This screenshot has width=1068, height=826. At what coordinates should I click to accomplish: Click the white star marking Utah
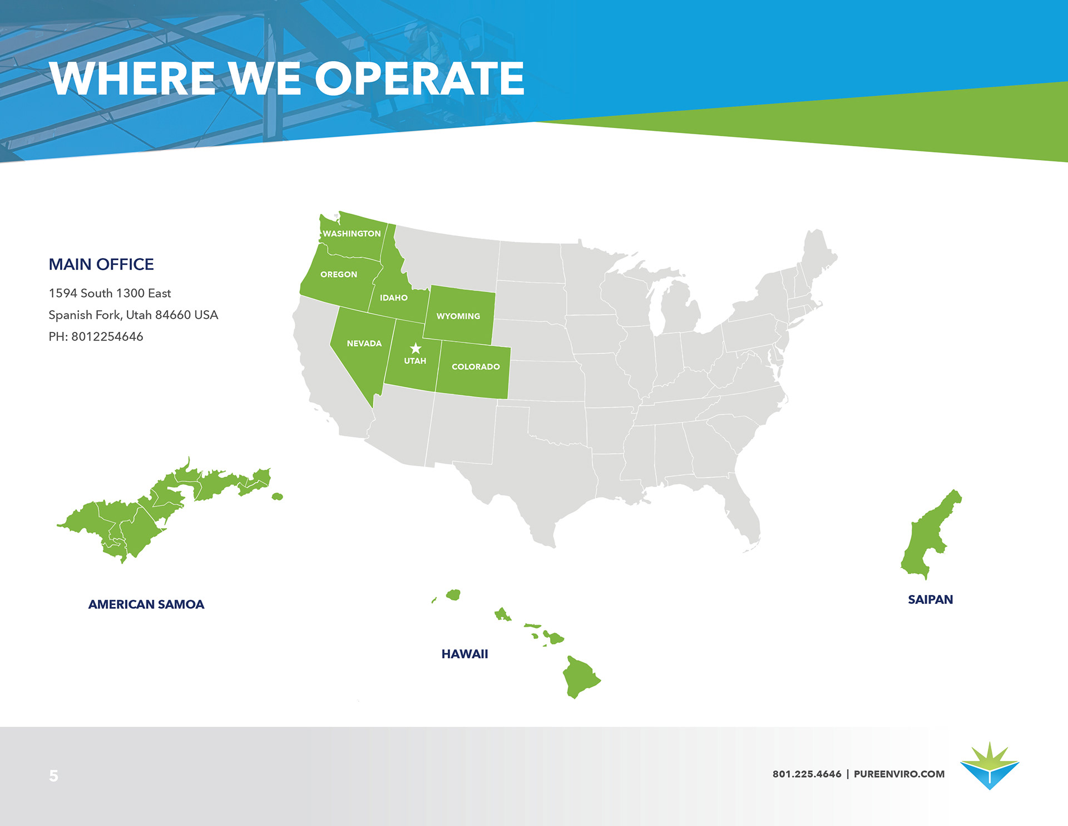[416, 348]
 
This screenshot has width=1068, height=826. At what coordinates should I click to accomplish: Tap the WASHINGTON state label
[352, 234]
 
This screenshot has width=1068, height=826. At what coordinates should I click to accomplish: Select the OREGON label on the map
[339, 274]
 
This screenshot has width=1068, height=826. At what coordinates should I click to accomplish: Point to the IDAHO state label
[394, 298]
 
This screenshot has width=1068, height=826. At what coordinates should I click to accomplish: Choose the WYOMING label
[458, 316]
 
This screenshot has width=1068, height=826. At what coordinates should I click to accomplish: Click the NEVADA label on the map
[364, 343]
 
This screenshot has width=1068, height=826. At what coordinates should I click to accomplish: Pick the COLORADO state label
[476, 367]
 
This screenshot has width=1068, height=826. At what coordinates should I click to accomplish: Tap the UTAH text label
[415, 361]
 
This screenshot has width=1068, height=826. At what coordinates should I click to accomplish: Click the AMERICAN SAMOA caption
[146, 604]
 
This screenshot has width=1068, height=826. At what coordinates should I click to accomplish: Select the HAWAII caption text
[464, 654]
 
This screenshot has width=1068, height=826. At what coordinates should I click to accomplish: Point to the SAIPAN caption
[931, 599]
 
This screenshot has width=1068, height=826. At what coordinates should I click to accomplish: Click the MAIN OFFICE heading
[101, 264]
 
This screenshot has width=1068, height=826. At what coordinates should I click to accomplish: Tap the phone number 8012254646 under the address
[107, 337]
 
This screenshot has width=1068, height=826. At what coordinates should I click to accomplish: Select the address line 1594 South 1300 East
[110, 293]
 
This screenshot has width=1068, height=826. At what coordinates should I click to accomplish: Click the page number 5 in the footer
[53, 775]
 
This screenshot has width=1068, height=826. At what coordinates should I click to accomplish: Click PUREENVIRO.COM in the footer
[899, 774]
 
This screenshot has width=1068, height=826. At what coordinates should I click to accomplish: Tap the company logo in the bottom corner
[990, 765]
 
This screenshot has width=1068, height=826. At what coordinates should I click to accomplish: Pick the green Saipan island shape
[930, 534]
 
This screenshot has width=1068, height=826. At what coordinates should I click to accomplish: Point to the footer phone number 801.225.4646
[807, 774]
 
